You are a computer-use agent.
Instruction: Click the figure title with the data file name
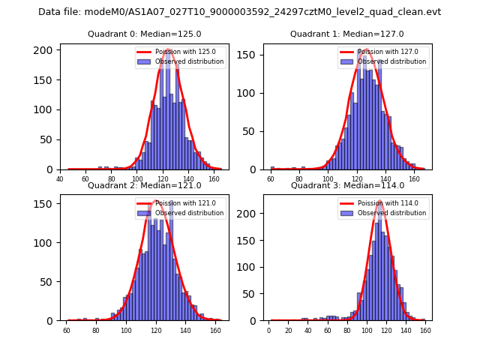tap(239, 12)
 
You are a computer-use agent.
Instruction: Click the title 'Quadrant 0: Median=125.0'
tap(144, 34)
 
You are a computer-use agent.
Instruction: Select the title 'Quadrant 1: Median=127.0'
tap(346, 34)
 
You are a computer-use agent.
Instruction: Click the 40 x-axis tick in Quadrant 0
tap(60, 178)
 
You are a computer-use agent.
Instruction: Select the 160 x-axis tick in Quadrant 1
tap(415, 178)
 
